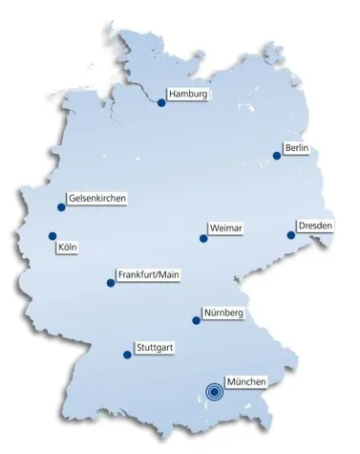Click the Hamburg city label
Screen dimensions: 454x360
[187, 95]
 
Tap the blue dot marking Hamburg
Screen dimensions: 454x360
[161, 103]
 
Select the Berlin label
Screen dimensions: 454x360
[296, 148]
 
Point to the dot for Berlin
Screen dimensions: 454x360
[277, 156]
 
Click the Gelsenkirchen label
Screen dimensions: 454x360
[97, 199]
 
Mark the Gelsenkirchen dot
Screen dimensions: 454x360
[61, 207]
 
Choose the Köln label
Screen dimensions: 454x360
[67, 247]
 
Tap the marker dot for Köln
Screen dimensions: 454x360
[53, 236]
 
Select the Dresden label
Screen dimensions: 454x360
[315, 226]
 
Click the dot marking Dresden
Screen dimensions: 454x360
[291, 234]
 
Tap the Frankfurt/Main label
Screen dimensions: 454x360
[148, 274]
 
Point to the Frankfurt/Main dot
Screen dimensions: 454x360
[111, 283]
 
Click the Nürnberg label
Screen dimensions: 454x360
[224, 313]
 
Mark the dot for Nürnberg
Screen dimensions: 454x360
[197, 321]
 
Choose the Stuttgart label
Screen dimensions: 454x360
[154, 346]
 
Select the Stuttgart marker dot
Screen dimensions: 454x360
[127, 355]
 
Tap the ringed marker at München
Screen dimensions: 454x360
[215, 390]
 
